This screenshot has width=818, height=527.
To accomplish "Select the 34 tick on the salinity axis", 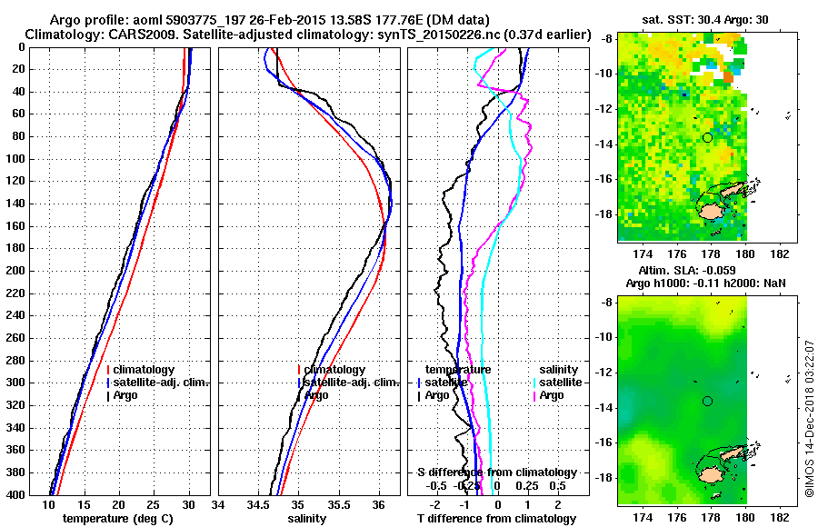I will click(x=219, y=504).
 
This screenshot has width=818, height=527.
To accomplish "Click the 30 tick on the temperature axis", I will click(x=188, y=504).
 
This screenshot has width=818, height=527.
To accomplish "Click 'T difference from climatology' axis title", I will click(x=496, y=519).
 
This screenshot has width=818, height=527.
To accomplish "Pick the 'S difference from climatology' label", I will click(x=497, y=472).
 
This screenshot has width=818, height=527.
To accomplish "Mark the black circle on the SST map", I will click(x=707, y=137).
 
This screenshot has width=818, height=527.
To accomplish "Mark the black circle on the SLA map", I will click(x=707, y=401).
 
